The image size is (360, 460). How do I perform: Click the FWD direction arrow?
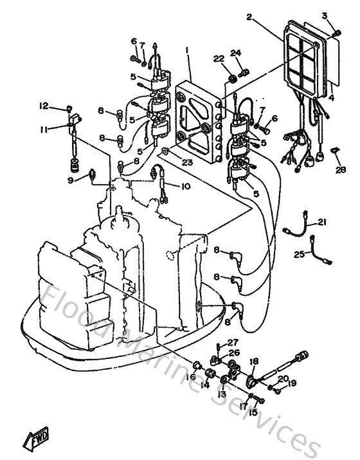click(33, 440)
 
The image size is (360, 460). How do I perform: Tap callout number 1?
click(187, 50)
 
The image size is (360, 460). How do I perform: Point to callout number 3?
click(325, 15)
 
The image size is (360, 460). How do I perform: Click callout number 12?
click(44, 106)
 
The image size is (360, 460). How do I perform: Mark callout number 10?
click(186, 187)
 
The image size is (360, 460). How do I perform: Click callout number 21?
click(322, 223)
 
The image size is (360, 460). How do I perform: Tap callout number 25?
click(299, 254)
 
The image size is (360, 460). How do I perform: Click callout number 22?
click(219, 60)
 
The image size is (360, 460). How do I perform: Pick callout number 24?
click(235, 53)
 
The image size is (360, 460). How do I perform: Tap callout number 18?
click(254, 362)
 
